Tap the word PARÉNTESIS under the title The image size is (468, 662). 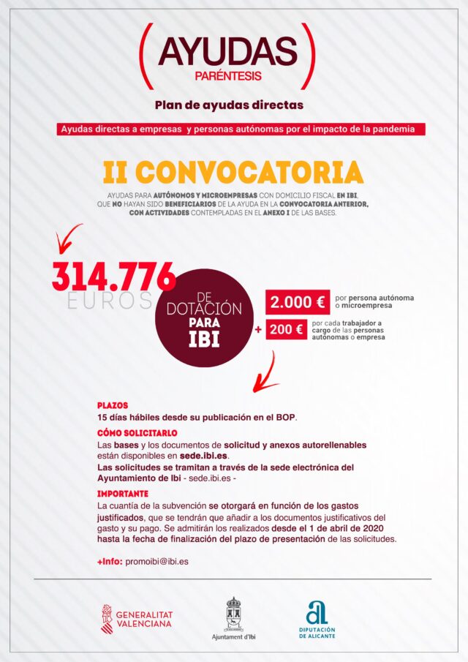(229, 76)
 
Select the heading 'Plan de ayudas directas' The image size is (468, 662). (229, 105)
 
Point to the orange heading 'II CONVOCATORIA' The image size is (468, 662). (233, 173)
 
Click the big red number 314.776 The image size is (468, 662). (114, 277)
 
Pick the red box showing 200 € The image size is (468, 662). (286, 329)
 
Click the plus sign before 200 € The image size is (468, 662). (257, 330)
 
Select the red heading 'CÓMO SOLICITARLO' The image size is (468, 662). (132, 433)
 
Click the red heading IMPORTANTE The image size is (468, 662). (122, 494)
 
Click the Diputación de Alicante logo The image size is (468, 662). (317, 618)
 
